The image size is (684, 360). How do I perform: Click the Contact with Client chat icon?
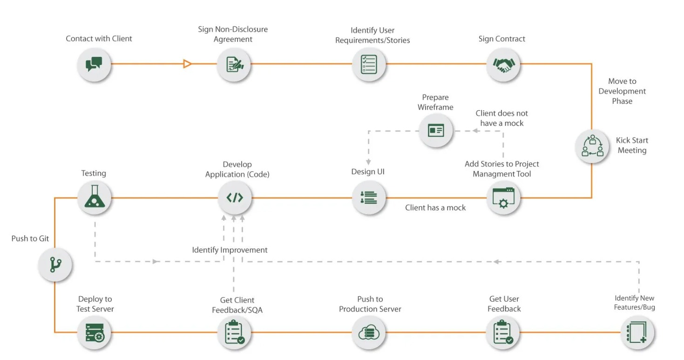(x=94, y=64)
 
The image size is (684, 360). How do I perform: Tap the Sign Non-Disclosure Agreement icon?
(x=234, y=64)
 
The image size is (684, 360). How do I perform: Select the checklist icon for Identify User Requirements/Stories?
(x=369, y=64)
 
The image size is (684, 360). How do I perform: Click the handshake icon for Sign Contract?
(x=503, y=64)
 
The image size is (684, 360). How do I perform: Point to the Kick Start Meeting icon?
(x=592, y=146)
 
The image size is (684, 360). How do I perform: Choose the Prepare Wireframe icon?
(x=436, y=130)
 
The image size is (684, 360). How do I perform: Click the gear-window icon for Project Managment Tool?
(x=503, y=198)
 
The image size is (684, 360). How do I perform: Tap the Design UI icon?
(x=369, y=198)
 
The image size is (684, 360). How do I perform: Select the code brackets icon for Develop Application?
(x=234, y=197)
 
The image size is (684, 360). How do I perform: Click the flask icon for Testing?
(x=95, y=197)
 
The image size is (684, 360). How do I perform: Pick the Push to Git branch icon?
(x=55, y=265)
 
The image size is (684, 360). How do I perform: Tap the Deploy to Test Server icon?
(x=95, y=333)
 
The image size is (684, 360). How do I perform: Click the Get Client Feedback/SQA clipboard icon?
(x=234, y=333)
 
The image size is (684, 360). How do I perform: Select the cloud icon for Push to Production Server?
(x=369, y=333)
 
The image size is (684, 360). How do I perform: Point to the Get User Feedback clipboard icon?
(x=503, y=333)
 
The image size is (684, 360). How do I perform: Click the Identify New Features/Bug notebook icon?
(x=637, y=333)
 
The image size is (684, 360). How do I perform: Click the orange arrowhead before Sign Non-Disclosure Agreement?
(x=187, y=64)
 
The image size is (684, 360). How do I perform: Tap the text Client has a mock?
(x=435, y=208)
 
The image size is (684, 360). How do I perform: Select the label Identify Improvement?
(x=230, y=250)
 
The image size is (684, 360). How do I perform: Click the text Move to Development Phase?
(x=622, y=91)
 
